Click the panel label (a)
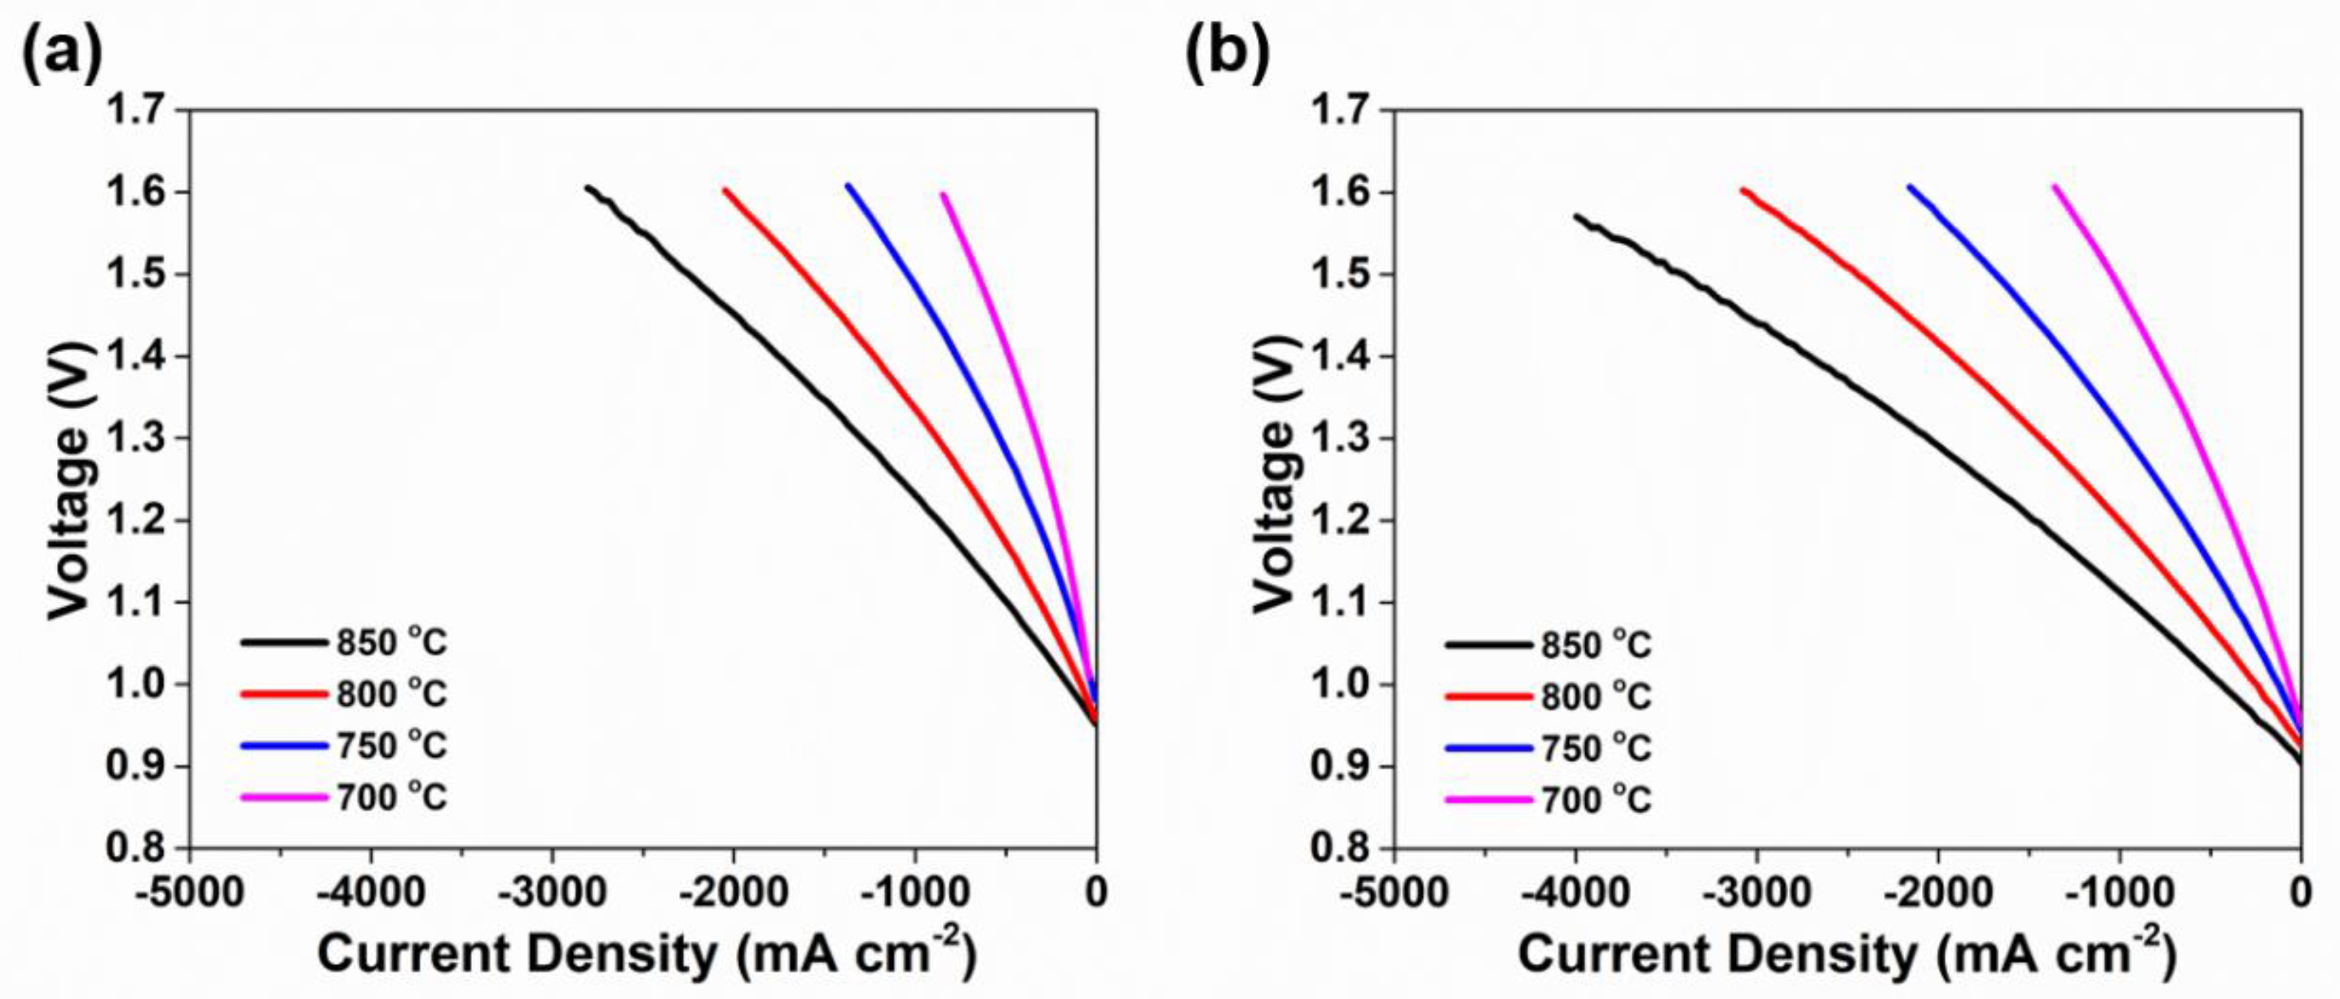tap(62, 53)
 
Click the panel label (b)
tap(1227, 53)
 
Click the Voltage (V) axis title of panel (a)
tap(71, 482)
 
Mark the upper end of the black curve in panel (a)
tap(588, 188)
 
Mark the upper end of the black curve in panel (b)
tap(1576, 216)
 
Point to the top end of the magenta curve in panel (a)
tap(943, 195)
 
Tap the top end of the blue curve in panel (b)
tap(1910, 187)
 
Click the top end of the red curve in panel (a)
tap(724, 190)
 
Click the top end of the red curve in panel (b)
tap(1743, 190)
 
